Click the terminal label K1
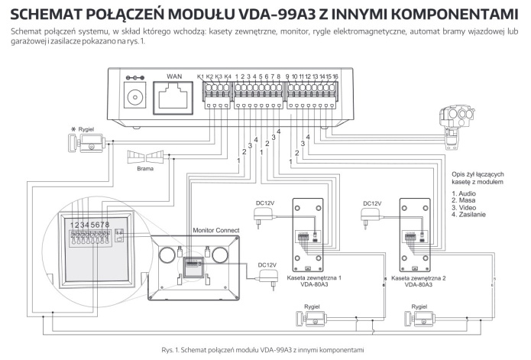point(201,76)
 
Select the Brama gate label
point(145,170)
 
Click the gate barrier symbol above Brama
point(145,156)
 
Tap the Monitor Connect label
point(216,230)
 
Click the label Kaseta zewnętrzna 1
point(313,278)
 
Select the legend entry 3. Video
point(466,208)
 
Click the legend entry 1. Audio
point(466,194)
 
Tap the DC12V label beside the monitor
point(267,265)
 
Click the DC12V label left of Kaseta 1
point(264,203)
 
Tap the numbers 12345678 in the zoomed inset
point(90,225)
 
